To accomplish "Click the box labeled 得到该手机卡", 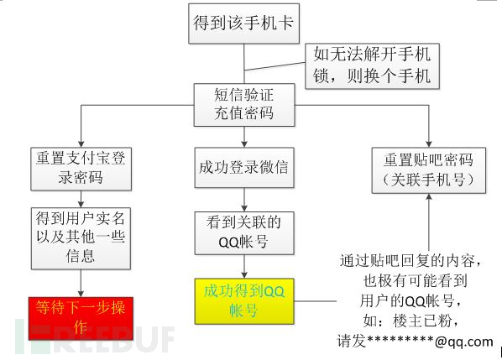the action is tap(244, 23).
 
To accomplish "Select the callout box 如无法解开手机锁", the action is tap(373, 66).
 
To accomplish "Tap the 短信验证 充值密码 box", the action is tap(244, 105).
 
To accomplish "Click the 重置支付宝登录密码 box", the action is tap(81, 169).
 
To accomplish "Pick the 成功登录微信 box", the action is tap(244, 167).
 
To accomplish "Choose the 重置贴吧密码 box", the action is tap(429, 170).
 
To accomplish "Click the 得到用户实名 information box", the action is tap(81, 238).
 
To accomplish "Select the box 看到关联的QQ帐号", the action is tap(244, 233).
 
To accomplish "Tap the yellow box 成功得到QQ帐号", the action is tap(244, 301).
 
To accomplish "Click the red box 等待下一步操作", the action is tap(81, 318).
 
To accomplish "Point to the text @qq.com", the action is tap(464, 342).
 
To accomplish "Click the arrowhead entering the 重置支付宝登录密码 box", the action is tap(81, 144).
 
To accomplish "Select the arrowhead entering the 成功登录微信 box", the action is tap(244, 144).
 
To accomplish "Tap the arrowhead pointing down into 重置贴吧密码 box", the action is tap(429, 144).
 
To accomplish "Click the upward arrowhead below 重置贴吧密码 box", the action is tap(429, 197).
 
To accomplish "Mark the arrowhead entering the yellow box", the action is tap(244, 275).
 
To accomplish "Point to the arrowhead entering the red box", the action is tap(81, 294).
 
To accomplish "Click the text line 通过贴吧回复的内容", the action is tap(410, 261).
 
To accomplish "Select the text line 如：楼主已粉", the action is tap(411, 321).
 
